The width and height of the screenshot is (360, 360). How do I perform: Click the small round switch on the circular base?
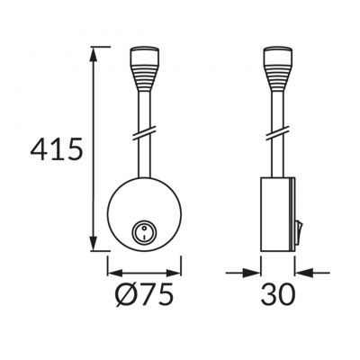click(144, 234)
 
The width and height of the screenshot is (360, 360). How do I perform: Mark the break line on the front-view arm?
click(144, 133)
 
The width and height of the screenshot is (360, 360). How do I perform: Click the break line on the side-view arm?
click(277, 133)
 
